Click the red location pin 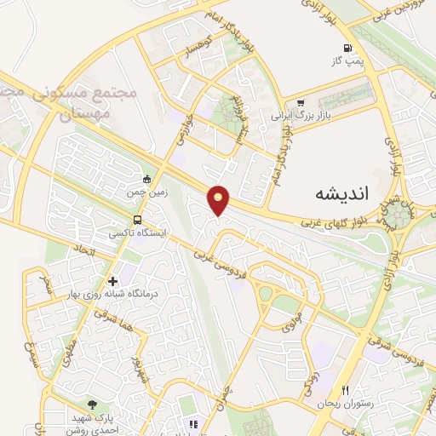point(220,200)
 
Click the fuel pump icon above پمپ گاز point(347,48)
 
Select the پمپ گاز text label point(347,61)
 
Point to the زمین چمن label point(144,193)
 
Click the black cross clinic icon point(112,281)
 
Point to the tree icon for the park point(91,404)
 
